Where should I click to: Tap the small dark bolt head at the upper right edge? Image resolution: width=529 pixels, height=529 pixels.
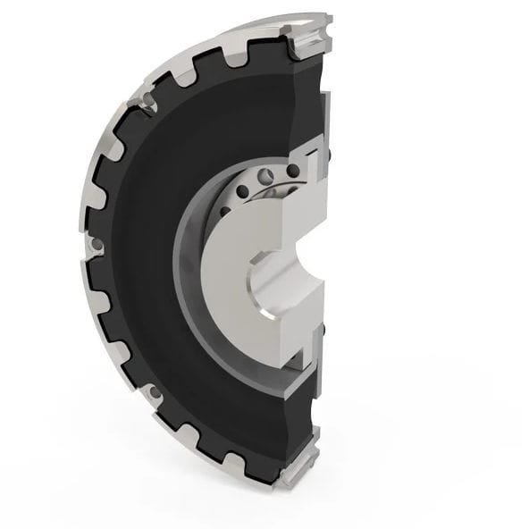coord(327,157)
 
